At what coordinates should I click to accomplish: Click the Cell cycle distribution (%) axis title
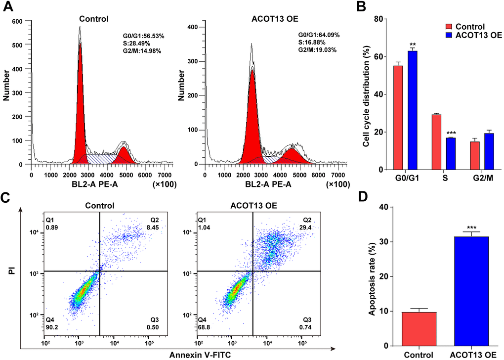[x=366, y=94]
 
